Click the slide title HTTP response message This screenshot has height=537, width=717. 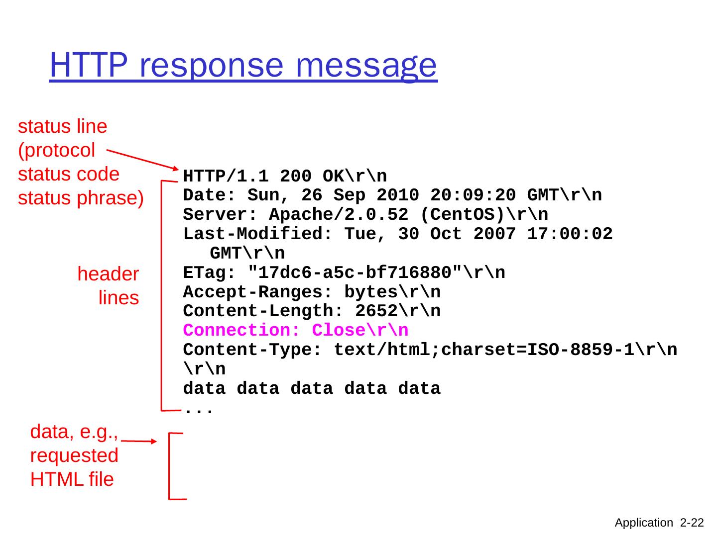[243, 65]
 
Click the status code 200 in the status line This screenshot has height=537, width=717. [296, 176]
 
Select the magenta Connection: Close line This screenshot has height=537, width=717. [296, 331]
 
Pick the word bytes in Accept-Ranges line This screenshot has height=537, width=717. [371, 292]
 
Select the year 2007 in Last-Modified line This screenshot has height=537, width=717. [494, 234]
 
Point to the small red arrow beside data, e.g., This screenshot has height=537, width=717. [139, 441]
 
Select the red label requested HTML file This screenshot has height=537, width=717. [74, 467]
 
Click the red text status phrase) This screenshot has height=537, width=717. [81, 198]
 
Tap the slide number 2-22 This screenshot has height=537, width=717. [692, 523]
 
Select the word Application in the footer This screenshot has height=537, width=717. [643, 523]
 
